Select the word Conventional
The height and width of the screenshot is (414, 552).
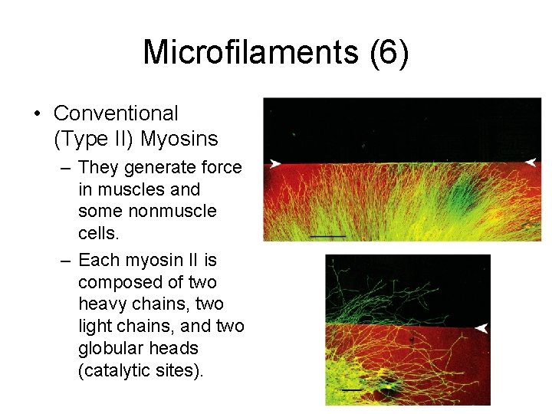coord(116,113)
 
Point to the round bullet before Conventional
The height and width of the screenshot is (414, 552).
coord(37,114)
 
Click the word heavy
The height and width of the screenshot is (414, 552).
coord(102,304)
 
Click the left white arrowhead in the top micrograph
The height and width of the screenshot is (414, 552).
coord(274,163)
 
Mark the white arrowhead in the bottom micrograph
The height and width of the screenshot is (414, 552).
coord(481,328)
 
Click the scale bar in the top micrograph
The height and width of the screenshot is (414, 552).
coord(327,236)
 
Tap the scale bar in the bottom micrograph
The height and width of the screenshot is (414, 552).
coord(350,389)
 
